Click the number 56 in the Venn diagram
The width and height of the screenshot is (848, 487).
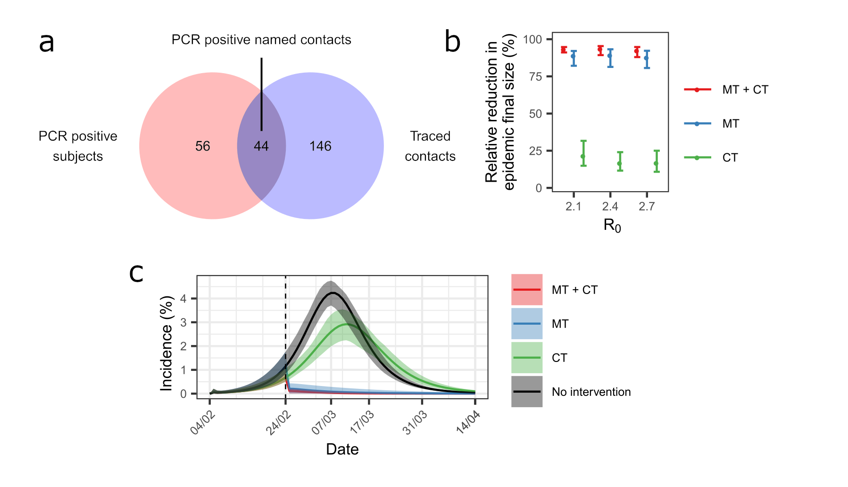(x=202, y=146)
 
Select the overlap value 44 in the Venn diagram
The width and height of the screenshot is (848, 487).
(x=261, y=146)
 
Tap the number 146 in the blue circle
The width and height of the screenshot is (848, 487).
(x=320, y=146)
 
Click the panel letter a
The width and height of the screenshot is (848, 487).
(x=46, y=42)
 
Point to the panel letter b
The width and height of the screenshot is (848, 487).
(x=452, y=42)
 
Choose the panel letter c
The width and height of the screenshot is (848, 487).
(x=136, y=273)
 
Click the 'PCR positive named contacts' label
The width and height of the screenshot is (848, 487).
(x=261, y=40)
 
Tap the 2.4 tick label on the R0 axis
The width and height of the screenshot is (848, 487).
(x=610, y=206)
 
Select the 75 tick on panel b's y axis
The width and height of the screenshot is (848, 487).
(x=535, y=76)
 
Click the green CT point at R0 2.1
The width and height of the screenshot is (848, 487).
(x=583, y=156)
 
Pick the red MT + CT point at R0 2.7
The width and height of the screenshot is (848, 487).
(x=637, y=51)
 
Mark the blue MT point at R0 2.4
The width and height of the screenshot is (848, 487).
(x=610, y=56)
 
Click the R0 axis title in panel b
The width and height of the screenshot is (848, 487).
(x=612, y=226)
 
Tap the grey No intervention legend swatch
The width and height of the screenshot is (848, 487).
(x=527, y=392)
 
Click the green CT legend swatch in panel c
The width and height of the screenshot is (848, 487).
(x=527, y=358)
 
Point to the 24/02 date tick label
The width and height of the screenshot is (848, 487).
(x=278, y=423)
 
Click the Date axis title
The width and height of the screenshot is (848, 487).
(x=342, y=449)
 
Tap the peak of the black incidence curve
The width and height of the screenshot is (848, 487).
(x=333, y=293)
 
